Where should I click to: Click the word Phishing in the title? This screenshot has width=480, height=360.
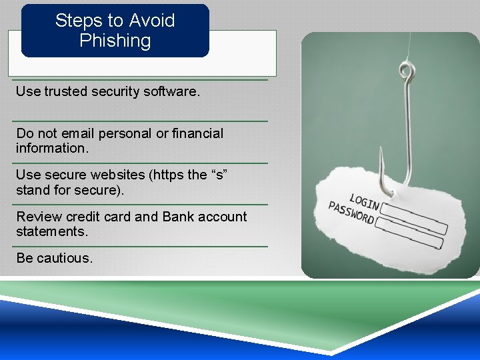click(x=115, y=41)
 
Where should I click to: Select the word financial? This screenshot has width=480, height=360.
click(x=198, y=133)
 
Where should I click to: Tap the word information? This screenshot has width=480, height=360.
click(x=52, y=148)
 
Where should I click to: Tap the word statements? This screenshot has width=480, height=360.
click(x=52, y=231)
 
